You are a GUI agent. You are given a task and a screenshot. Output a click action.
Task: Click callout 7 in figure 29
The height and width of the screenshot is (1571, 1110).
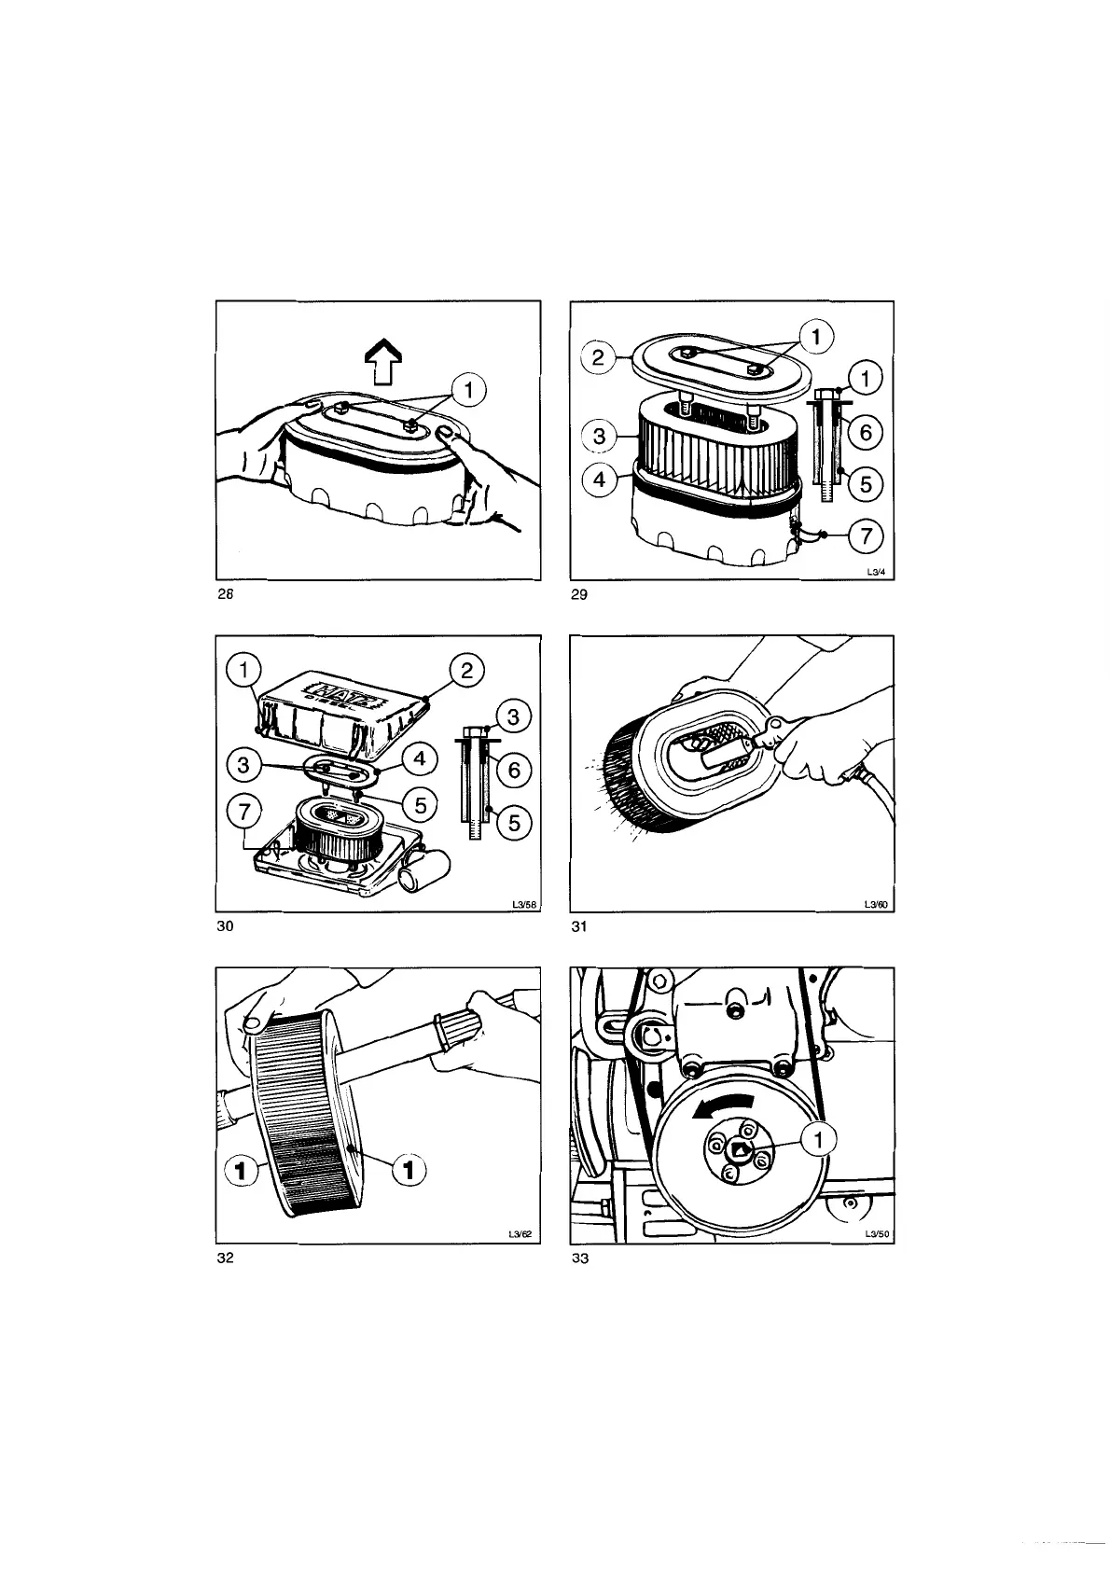tap(865, 535)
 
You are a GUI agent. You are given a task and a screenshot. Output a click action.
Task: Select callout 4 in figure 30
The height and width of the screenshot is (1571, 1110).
tap(419, 759)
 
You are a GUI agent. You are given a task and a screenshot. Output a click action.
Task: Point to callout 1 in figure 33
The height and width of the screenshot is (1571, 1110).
tap(820, 1140)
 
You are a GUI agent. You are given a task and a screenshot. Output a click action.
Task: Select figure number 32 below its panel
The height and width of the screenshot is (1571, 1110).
tap(224, 1258)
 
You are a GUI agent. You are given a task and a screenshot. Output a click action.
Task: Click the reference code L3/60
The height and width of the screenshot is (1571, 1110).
tap(875, 904)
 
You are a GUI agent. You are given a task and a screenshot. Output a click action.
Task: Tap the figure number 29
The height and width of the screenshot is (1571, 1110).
tap(578, 597)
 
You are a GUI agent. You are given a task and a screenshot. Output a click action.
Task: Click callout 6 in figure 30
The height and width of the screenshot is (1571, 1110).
tap(512, 770)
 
